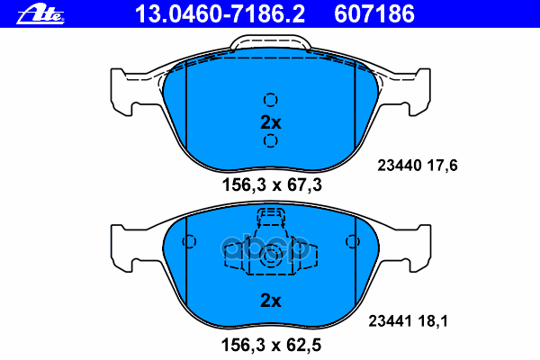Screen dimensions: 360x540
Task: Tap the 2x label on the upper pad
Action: [x=271, y=121]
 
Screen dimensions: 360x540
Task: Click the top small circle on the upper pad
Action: [x=271, y=100]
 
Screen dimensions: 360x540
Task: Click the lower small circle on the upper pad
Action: [x=271, y=141]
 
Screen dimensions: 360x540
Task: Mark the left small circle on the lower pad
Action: [x=189, y=241]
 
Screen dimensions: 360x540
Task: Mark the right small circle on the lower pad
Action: [x=352, y=241]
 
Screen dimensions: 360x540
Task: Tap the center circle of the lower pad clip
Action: [x=270, y=257]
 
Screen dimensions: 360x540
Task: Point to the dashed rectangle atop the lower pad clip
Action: [x=270, y=216]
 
